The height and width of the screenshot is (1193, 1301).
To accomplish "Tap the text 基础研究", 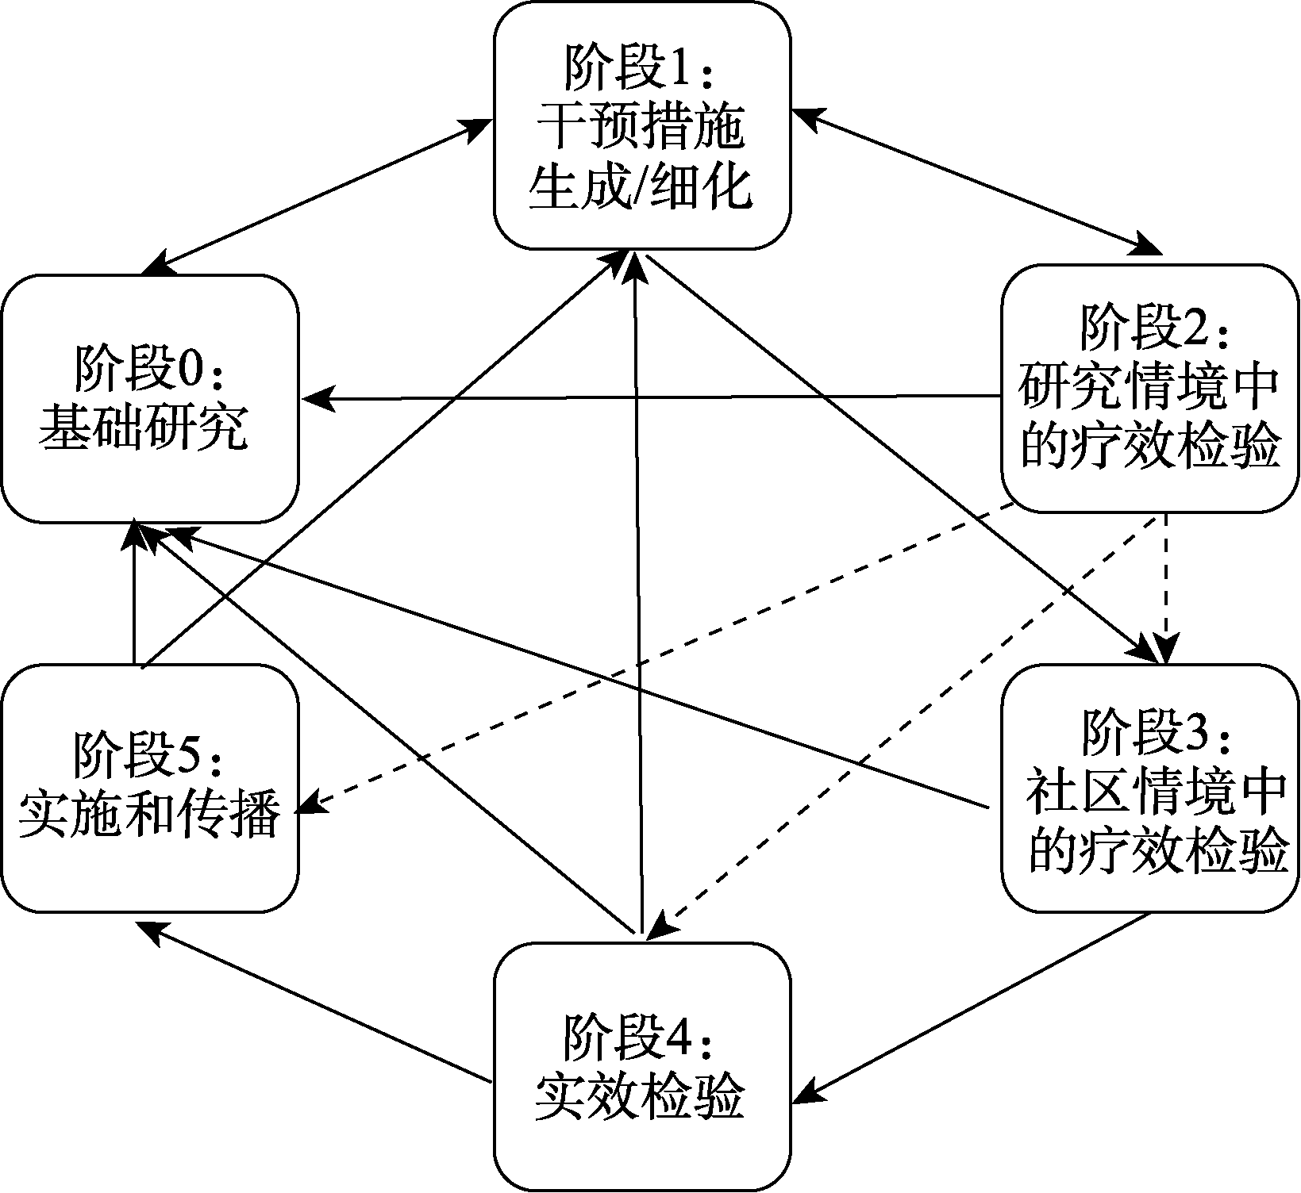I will (144, 429).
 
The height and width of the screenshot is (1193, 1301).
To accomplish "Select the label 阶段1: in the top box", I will (640, 71).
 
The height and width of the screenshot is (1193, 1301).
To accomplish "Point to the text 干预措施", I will (641, 129).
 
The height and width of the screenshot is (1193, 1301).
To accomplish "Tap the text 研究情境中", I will (1149, 387).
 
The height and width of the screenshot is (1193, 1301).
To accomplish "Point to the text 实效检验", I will (640, 1098).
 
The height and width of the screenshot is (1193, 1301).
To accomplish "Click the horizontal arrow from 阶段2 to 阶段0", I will (651, 397).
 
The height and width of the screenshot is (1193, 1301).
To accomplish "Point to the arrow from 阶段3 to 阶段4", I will (972, 1007).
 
